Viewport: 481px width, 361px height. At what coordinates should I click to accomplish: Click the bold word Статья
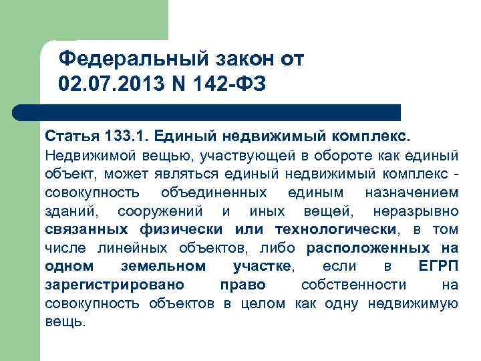[x=71, y=136]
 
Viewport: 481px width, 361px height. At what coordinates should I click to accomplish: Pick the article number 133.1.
[x=126, y=136]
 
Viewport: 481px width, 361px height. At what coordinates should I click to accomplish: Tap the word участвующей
[x=230, y=156]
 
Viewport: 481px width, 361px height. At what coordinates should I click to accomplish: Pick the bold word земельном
[x=164, y=267]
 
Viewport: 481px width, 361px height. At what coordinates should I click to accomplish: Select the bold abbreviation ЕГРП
[x=438, y=267]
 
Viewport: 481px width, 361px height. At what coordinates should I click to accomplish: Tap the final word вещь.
[x=65, y=322]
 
